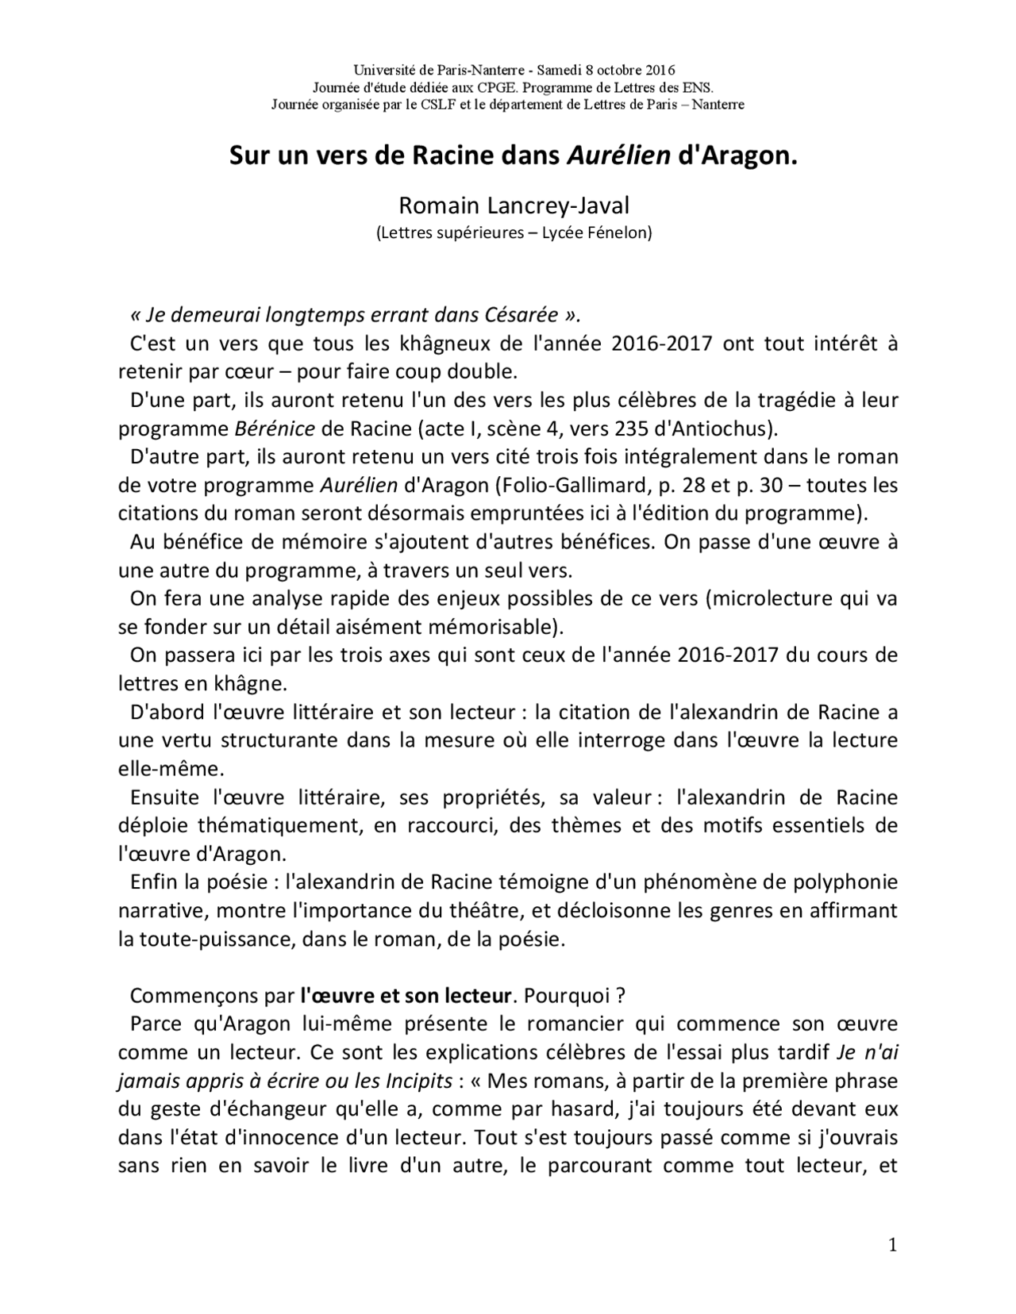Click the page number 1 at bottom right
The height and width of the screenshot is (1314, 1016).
[892, 1246]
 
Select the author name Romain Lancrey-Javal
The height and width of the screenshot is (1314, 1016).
[514, 206]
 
